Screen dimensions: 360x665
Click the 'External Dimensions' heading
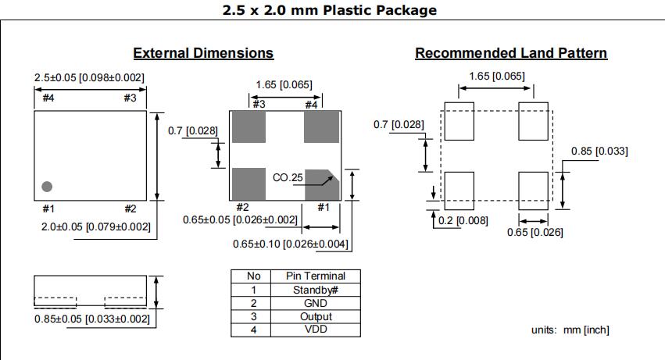(203, 53)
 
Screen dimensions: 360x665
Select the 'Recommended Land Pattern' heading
(511, 53)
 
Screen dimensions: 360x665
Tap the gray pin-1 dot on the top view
(47, 187)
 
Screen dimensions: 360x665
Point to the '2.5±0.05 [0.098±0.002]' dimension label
(89, 77)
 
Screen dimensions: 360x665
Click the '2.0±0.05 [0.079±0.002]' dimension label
(95, 226)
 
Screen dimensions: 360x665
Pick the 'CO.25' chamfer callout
(288, 178)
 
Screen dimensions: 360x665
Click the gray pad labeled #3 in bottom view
(249, 127)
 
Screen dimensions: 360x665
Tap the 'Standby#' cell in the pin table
(316, 290)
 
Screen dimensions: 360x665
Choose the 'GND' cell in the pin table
(316, 303)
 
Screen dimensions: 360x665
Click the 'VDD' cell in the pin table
(316, 330)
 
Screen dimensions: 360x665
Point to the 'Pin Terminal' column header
(316, 276)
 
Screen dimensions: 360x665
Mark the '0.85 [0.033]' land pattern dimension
(599, 151)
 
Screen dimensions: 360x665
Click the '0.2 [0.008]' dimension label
(465, 220)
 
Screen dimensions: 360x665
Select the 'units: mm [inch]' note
(570, 330)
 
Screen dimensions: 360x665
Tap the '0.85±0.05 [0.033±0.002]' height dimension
(91, 319)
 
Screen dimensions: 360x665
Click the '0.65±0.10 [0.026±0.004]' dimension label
(291, 244)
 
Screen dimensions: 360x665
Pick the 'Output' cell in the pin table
(316, 316)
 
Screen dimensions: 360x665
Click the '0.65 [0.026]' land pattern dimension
(535, 232)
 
